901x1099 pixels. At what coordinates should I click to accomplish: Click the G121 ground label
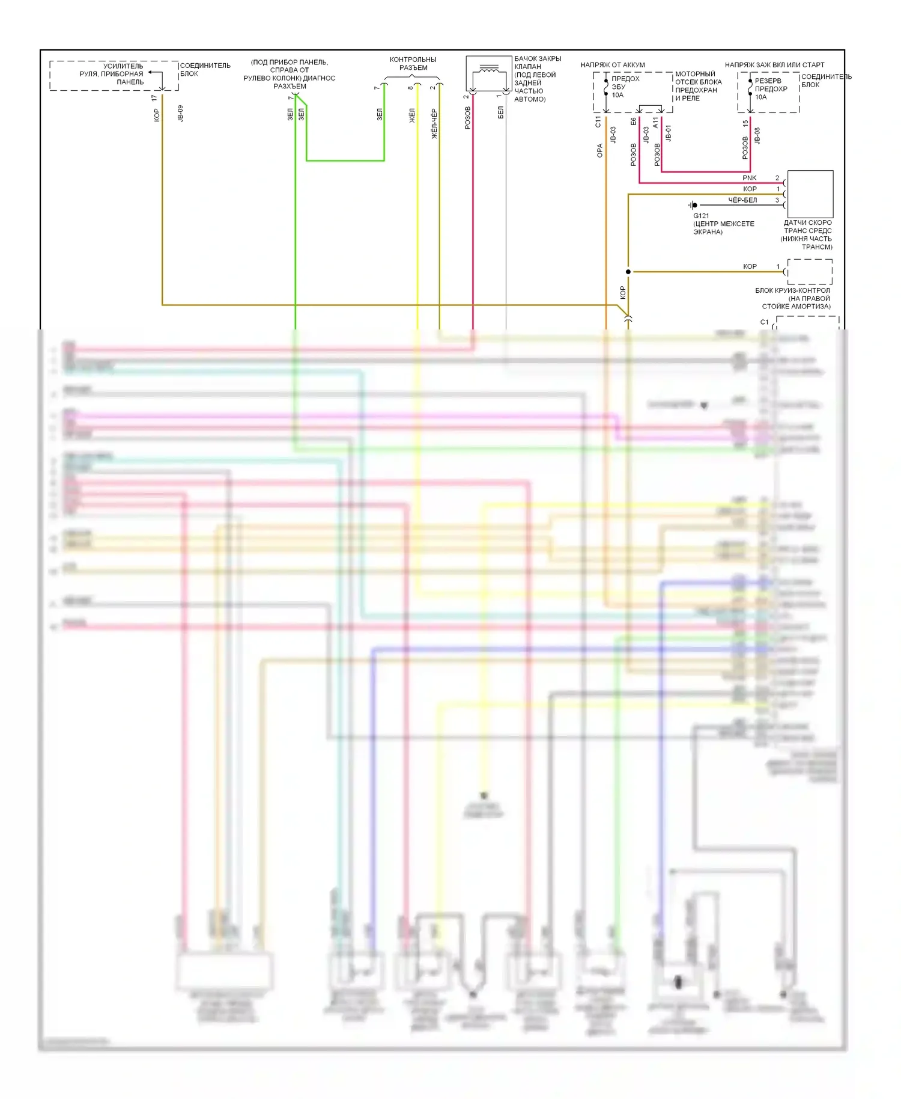point(701,216)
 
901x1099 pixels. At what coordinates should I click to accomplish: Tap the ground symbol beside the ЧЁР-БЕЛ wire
point(693,205)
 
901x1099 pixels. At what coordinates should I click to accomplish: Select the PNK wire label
point(749,178)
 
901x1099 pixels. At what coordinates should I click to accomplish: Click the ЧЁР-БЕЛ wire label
point(742,200)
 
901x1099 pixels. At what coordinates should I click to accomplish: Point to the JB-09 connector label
point(180,114)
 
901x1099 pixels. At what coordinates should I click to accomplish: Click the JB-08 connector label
point(757,135)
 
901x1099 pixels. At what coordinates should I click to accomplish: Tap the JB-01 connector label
point(669,133)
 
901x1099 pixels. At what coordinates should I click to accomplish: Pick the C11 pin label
point(598,122)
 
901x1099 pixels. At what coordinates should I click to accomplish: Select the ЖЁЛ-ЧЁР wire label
point(434,124)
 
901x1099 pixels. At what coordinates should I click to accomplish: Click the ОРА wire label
point(599,151)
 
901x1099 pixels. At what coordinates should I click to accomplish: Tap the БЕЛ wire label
point(500,113)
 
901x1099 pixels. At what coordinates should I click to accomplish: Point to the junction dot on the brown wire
point(628,272)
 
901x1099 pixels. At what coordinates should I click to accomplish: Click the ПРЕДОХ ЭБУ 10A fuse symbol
point(606,87)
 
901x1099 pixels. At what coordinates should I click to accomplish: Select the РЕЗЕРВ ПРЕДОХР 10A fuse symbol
point(750,87)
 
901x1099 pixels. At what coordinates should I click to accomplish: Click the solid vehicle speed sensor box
point(810,194)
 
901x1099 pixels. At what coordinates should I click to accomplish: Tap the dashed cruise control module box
point(810,272)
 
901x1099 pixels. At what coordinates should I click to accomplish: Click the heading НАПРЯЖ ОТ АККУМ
point(612,65)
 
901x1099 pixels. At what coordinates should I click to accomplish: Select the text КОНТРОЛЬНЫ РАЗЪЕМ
point(413,64)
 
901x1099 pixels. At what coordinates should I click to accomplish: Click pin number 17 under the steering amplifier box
point(154,97)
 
